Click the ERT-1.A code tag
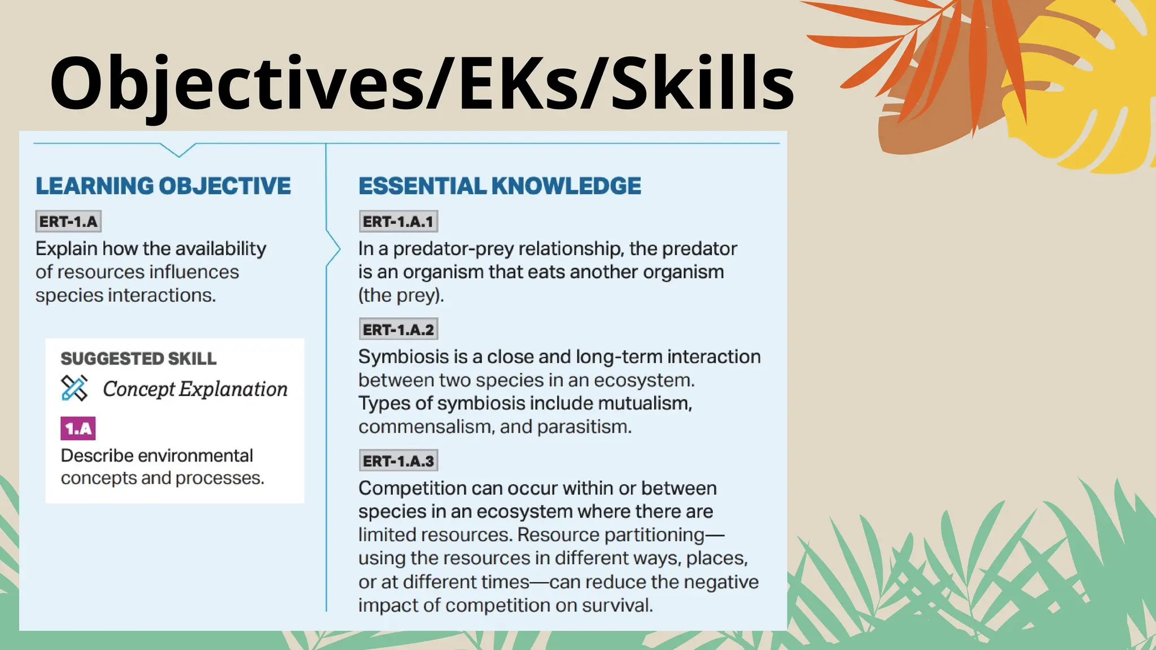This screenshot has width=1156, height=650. (68, 222)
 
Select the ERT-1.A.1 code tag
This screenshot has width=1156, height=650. (399, 222)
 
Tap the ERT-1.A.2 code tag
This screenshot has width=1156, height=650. (399, 330)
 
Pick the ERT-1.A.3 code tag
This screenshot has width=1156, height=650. (399, 461)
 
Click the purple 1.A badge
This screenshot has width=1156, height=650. (78, 429)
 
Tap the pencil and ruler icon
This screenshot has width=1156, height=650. (75, 389)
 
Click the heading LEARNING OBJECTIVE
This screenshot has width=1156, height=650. (163, 186)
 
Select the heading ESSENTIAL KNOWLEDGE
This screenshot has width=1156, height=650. (500, 186)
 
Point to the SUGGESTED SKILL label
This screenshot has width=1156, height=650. (138, 359)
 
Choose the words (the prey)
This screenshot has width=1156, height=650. (401, 296)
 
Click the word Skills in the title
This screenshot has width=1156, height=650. (703, 83)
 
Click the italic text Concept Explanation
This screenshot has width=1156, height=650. (195, 389)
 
